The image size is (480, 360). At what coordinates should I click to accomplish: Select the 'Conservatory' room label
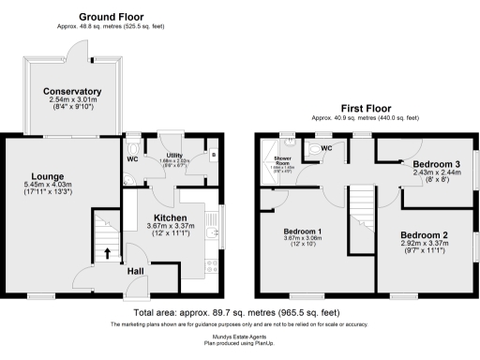tap(72, 91)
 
